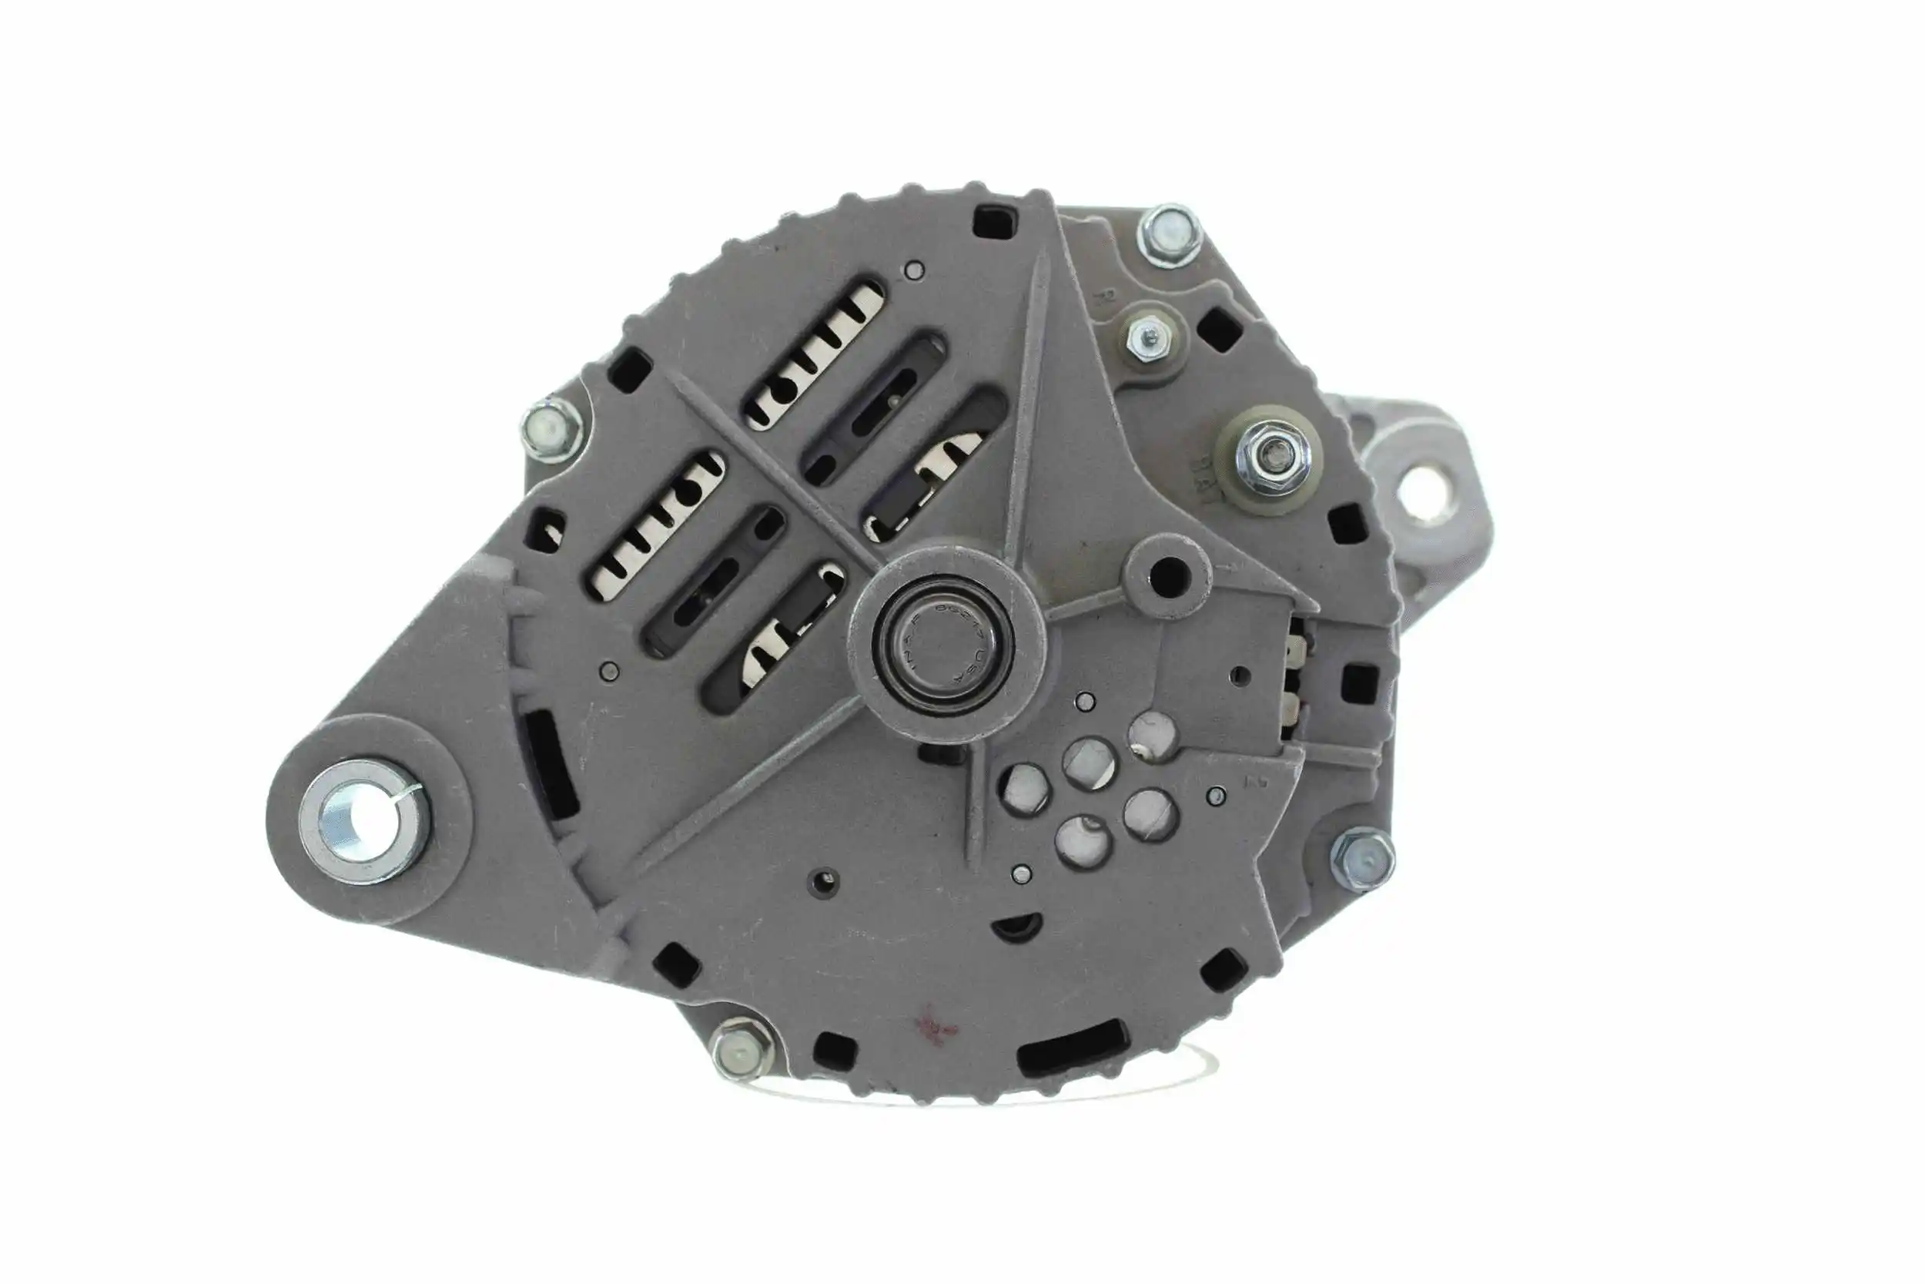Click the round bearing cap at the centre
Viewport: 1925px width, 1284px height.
(x=942, y=641)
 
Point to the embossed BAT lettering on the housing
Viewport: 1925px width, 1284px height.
(x=1198, y=484)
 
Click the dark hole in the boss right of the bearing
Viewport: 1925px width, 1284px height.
(x=1170, y=575)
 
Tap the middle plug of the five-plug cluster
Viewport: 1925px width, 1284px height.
(x=1088, y=763)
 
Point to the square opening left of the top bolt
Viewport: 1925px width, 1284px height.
(x=996, y=220)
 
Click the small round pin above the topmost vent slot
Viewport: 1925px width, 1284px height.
(x=915, y=270)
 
